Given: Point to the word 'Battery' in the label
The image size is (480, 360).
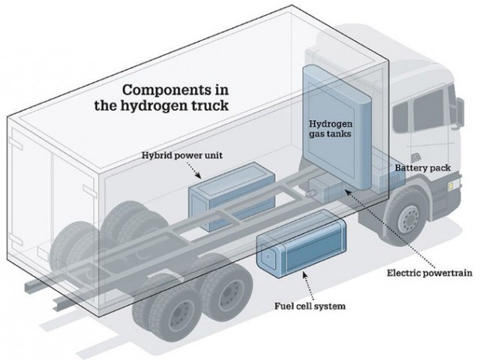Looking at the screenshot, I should pos(409,169).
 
